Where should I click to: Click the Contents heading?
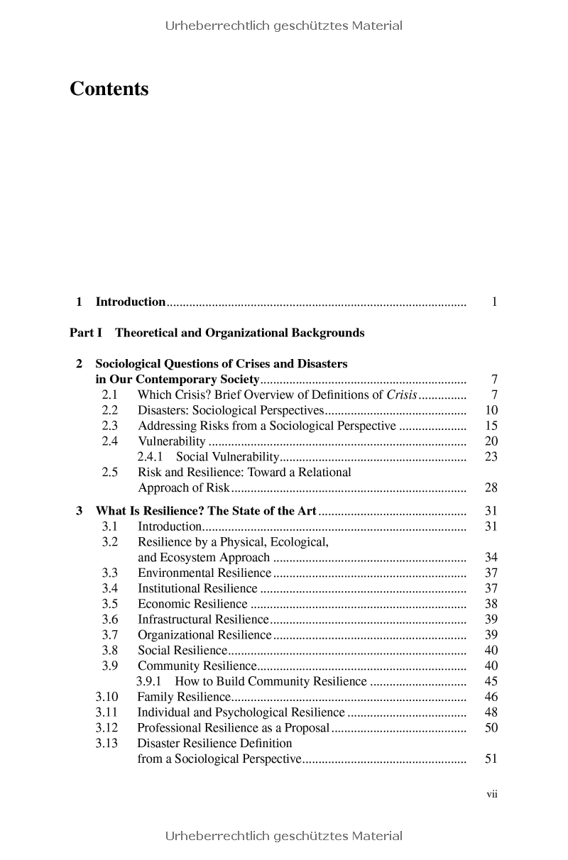[x=109, y=89]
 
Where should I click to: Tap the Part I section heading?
[x=217, y=333]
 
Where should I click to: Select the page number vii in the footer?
[x=492, y=794]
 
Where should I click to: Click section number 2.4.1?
[x=150, y=457]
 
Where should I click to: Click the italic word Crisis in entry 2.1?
[x=402, y=395]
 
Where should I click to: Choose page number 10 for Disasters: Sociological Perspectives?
[x=491, y=411]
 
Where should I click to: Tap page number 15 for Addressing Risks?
[x=491, y=426]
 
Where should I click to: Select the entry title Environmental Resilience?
[x=204, y=573]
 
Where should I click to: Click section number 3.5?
[x=109, y=605]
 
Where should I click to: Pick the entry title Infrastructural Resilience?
[x=203, y=619]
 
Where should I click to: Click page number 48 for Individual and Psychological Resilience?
[x=491, y=712]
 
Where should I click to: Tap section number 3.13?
[x=106, y=744]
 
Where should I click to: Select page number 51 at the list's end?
[x=491, y=759]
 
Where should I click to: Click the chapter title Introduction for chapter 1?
[x=131, y=302]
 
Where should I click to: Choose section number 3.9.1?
[x=149, y=682]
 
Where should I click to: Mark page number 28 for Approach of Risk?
[x=491, y=488]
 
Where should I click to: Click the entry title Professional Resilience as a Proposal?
[x=233, y=728]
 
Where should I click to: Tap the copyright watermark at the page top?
[x=284, y=26]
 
